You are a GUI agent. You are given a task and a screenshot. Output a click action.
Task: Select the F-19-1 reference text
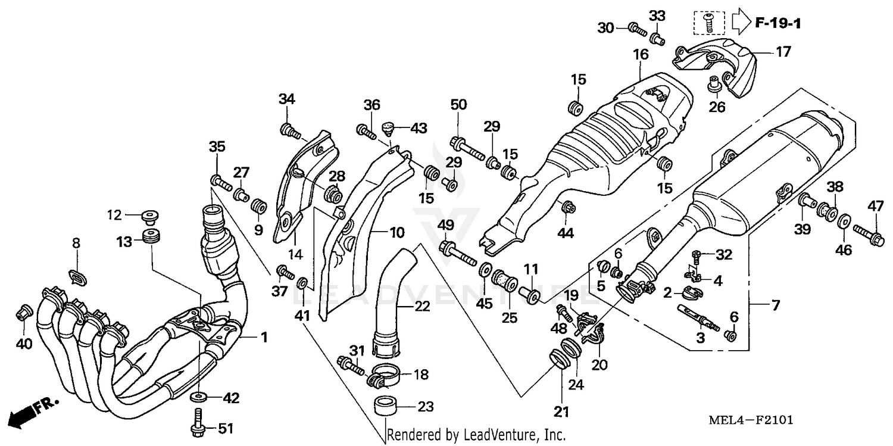click(x=779, y=24)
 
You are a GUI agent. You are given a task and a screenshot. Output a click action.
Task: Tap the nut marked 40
click(x=24, y=311)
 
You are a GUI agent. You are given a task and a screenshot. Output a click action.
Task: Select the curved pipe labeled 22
click(x=391, y=298)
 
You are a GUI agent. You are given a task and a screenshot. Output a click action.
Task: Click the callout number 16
click(x=640, y=55)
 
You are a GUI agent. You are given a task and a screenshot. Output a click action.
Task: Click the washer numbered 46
click(x=843, y=222)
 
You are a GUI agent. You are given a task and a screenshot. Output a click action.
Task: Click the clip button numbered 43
click(x=390, y=127)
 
